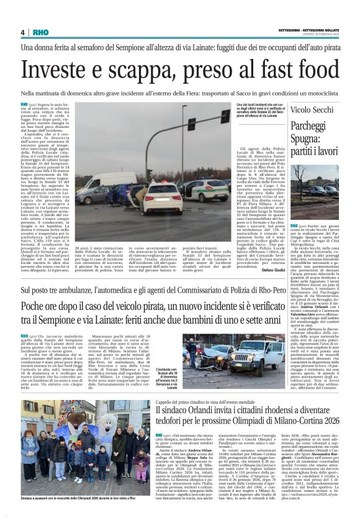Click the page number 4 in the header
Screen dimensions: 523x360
[22, 32]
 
